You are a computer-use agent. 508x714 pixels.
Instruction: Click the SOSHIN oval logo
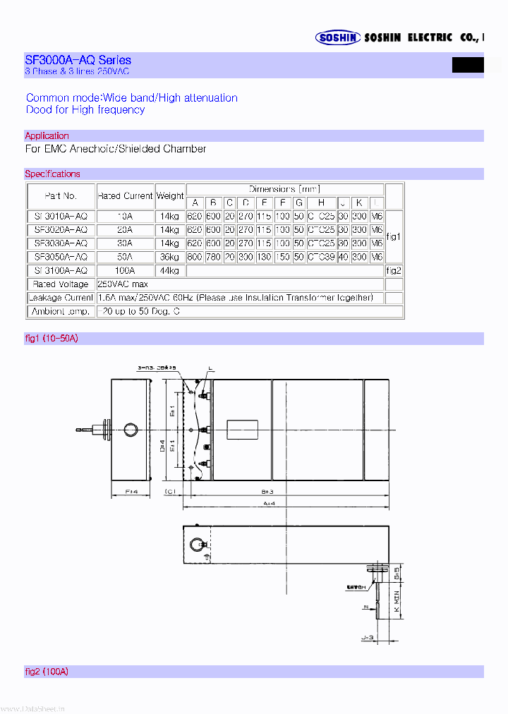338,37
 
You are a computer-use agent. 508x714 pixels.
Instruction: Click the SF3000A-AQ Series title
78,60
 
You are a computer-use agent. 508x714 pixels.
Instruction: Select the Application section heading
47,135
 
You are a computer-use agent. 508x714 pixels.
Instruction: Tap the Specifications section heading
52,174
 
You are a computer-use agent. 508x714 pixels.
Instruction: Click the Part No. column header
61,195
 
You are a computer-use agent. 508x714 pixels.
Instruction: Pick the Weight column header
169,195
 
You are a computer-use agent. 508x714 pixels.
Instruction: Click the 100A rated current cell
125,270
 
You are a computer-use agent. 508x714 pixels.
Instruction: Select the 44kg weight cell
169,270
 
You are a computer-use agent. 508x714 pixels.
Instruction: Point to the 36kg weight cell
169,257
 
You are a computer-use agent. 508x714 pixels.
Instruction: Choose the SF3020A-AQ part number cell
61,230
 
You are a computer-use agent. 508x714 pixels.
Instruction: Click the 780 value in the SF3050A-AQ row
212,257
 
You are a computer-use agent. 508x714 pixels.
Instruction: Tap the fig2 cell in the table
394,270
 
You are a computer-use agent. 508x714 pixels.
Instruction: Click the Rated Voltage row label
61,284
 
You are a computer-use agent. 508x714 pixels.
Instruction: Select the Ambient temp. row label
61,310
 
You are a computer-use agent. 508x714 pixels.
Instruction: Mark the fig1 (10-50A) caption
51,339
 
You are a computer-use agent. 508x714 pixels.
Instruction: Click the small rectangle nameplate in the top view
243,430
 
